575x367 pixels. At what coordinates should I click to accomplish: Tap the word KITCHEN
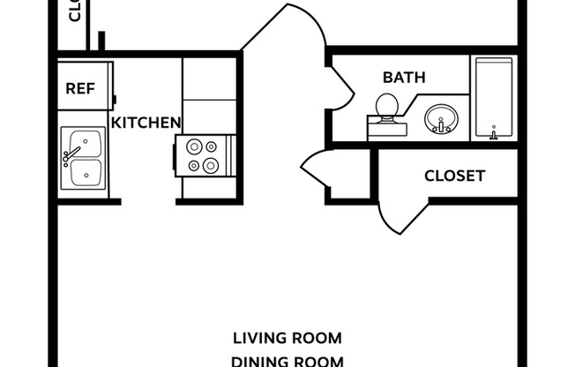click(146, 123)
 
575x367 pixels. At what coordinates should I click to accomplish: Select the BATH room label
click(404, 78)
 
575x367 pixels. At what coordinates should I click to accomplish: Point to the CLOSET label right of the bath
click(454, 176)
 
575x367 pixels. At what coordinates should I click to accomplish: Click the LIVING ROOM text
click(287, 338)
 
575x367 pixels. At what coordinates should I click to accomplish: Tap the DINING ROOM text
click(287, 360)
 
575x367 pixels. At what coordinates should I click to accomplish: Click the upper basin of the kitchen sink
click(86, 143)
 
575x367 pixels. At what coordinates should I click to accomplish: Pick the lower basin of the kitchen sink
click(86, 171)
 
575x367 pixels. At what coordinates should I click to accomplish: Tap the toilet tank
click(387, 130)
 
